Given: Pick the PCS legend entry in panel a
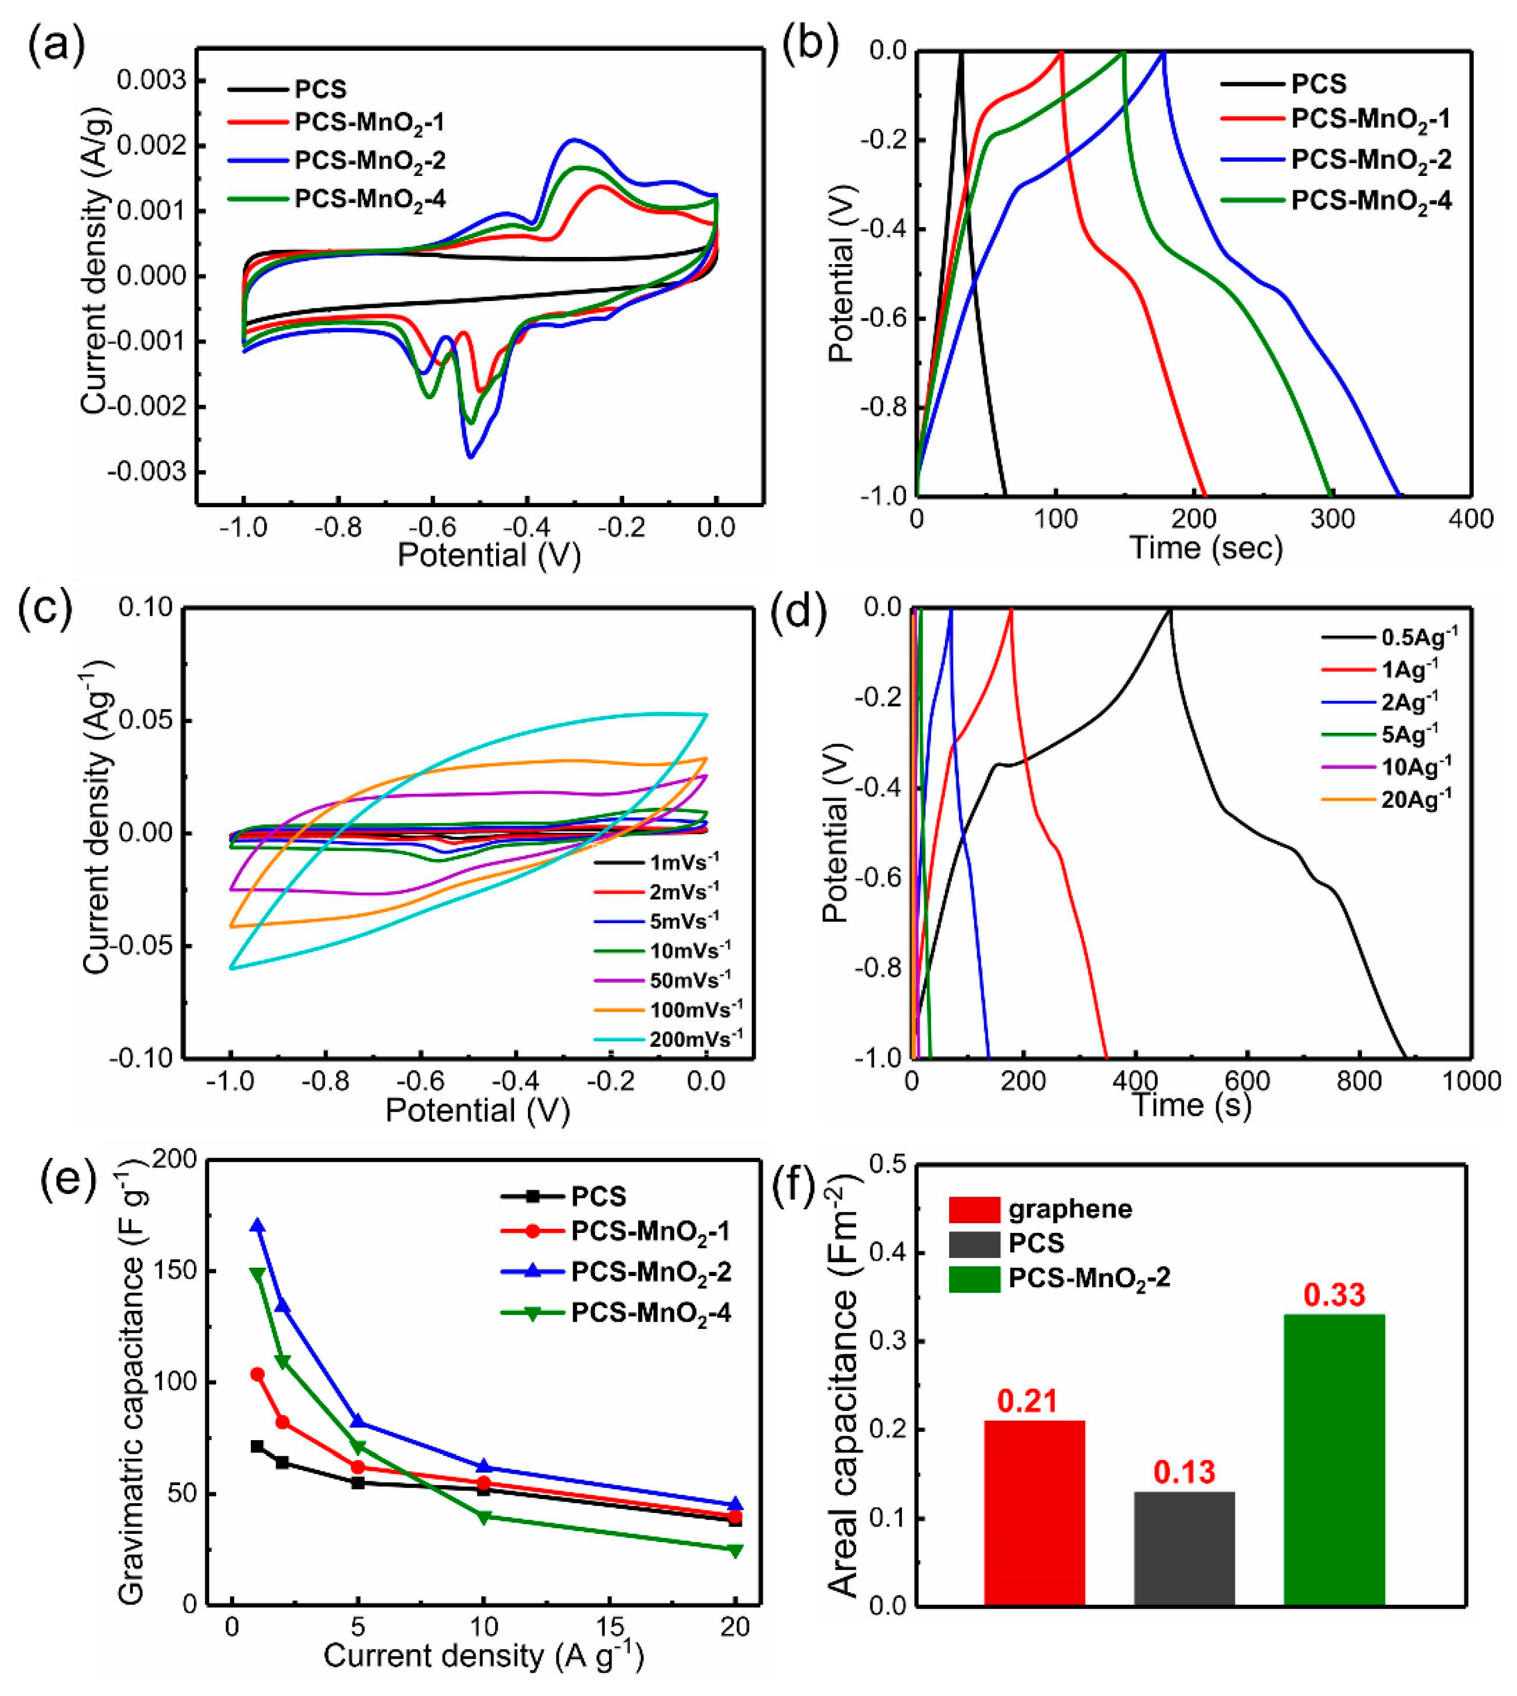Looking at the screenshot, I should (319, 89).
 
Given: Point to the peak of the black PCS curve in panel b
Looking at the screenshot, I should (961, 52).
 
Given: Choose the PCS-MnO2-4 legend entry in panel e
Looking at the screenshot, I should (650, 1313).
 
